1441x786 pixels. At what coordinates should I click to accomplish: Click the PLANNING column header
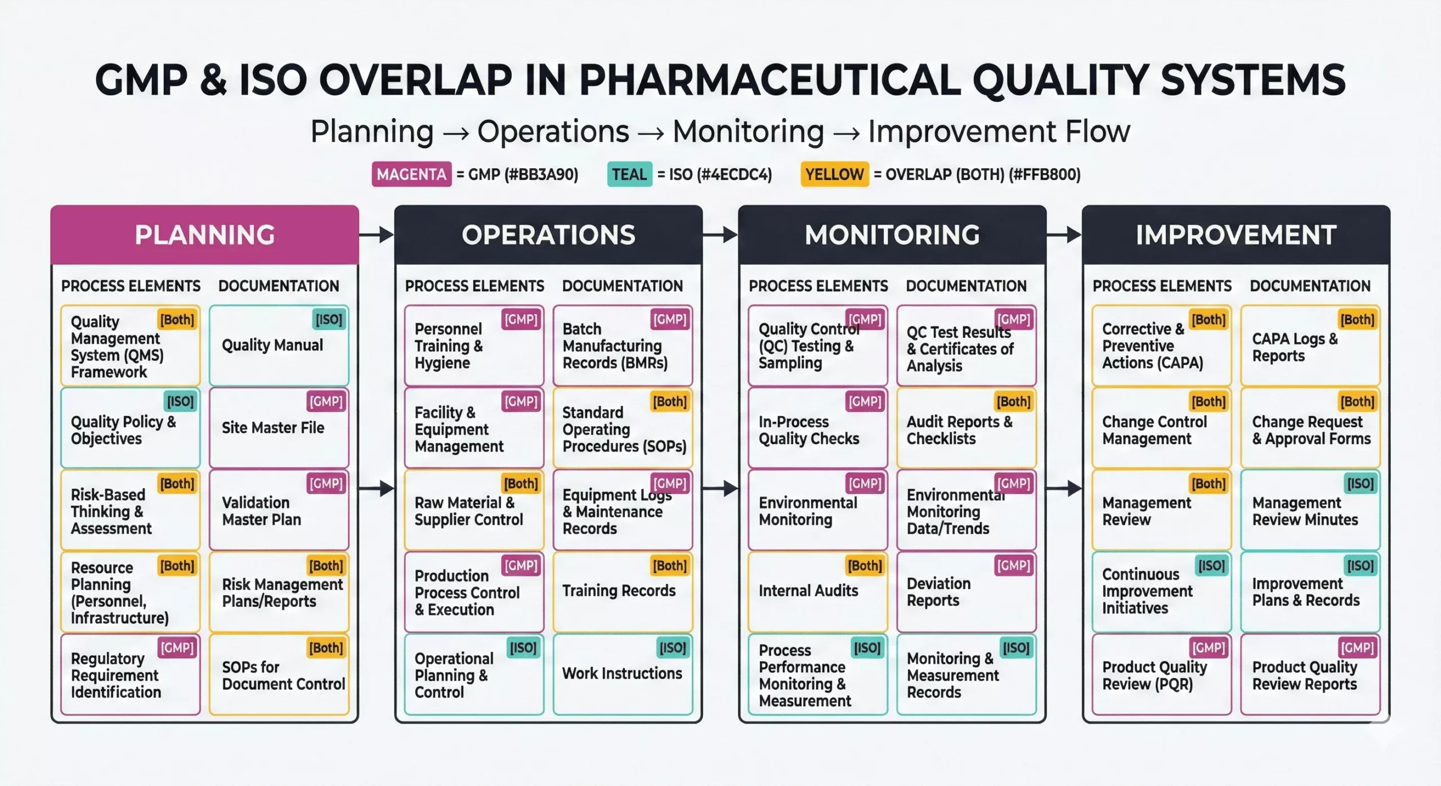coord(204,235)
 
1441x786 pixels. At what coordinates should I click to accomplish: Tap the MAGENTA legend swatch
coord(411,175)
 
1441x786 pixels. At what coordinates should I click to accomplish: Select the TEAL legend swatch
coord(629,175)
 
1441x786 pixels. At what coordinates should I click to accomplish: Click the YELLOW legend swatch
coord(834,175)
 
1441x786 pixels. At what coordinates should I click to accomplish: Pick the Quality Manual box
coord(279,346)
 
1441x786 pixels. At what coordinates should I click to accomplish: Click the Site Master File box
coord(279,428)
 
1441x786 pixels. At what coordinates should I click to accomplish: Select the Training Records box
coord(622,591)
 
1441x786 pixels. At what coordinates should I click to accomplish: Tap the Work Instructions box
coord(622,674)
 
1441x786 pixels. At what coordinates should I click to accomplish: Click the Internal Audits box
coord(817,591)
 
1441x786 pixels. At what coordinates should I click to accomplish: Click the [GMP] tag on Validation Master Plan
coord(326,484)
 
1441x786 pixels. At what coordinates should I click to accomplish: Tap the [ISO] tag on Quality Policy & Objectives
coord(180,401)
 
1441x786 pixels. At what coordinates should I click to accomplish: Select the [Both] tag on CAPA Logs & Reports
coord(1357,320)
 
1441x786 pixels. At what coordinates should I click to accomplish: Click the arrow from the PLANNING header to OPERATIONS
coord(377,235)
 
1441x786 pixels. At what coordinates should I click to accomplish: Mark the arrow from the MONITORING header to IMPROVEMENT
coord(1064,235)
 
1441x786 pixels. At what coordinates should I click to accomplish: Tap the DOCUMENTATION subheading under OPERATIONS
coord(622,286)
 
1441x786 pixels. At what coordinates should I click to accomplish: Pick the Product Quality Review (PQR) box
coord(1161,675)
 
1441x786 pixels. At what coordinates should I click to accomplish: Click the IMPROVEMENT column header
coord(1236,235)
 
